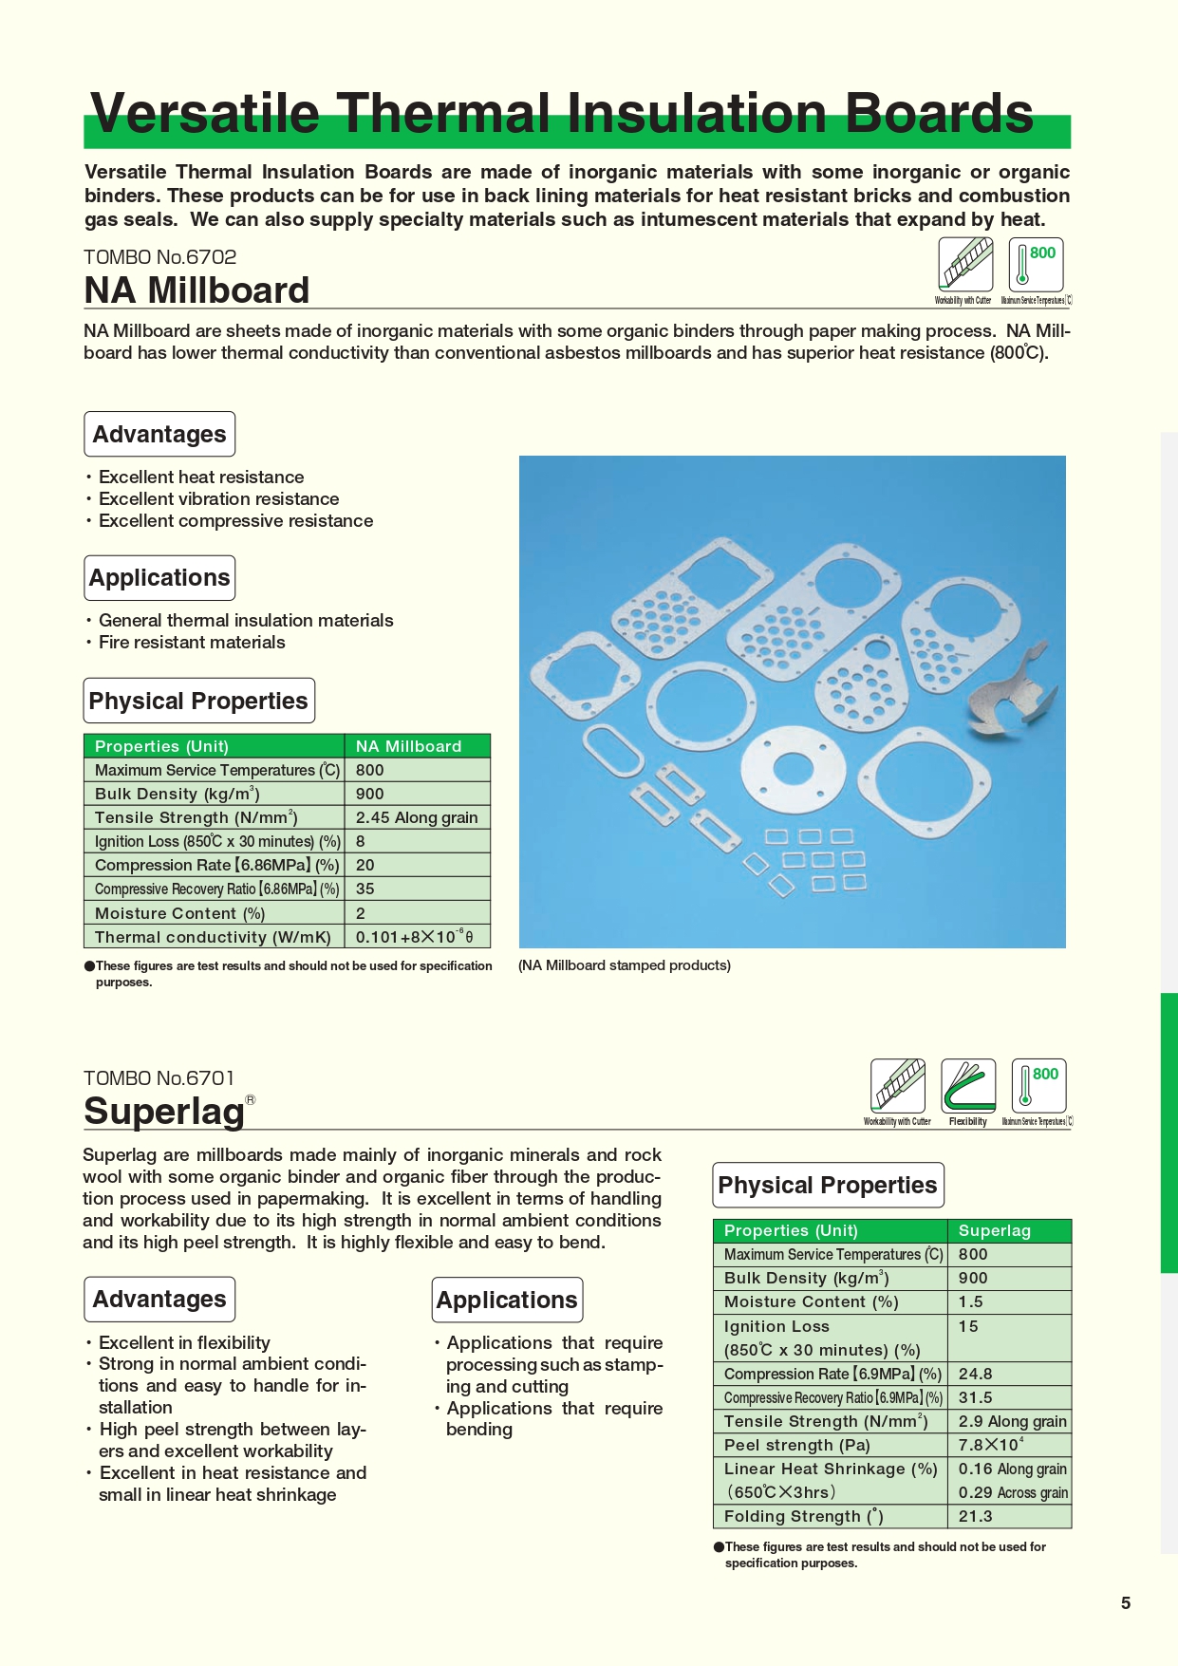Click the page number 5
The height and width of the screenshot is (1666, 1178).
1126,1603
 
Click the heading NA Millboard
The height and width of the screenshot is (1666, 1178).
196,290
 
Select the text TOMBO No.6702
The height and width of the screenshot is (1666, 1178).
159,257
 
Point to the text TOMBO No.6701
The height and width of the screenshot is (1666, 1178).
159,1078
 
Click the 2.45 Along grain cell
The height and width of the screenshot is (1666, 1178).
417,818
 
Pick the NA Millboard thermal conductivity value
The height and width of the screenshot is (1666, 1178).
414,937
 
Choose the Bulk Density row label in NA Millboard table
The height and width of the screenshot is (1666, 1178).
177,795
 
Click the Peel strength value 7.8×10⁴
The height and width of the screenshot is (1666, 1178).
990,1445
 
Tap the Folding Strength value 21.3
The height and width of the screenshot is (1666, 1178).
975,1516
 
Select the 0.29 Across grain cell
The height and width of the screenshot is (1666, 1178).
1012,1492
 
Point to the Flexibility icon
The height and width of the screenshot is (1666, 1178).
968,1086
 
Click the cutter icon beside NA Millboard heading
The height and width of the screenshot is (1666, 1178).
965,264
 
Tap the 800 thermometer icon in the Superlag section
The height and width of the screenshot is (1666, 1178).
1038,1086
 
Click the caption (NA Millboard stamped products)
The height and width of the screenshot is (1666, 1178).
625,965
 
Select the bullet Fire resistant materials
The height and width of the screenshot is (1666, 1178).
192,643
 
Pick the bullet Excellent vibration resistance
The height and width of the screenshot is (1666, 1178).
218,499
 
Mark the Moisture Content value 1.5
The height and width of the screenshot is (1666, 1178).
970,1302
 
